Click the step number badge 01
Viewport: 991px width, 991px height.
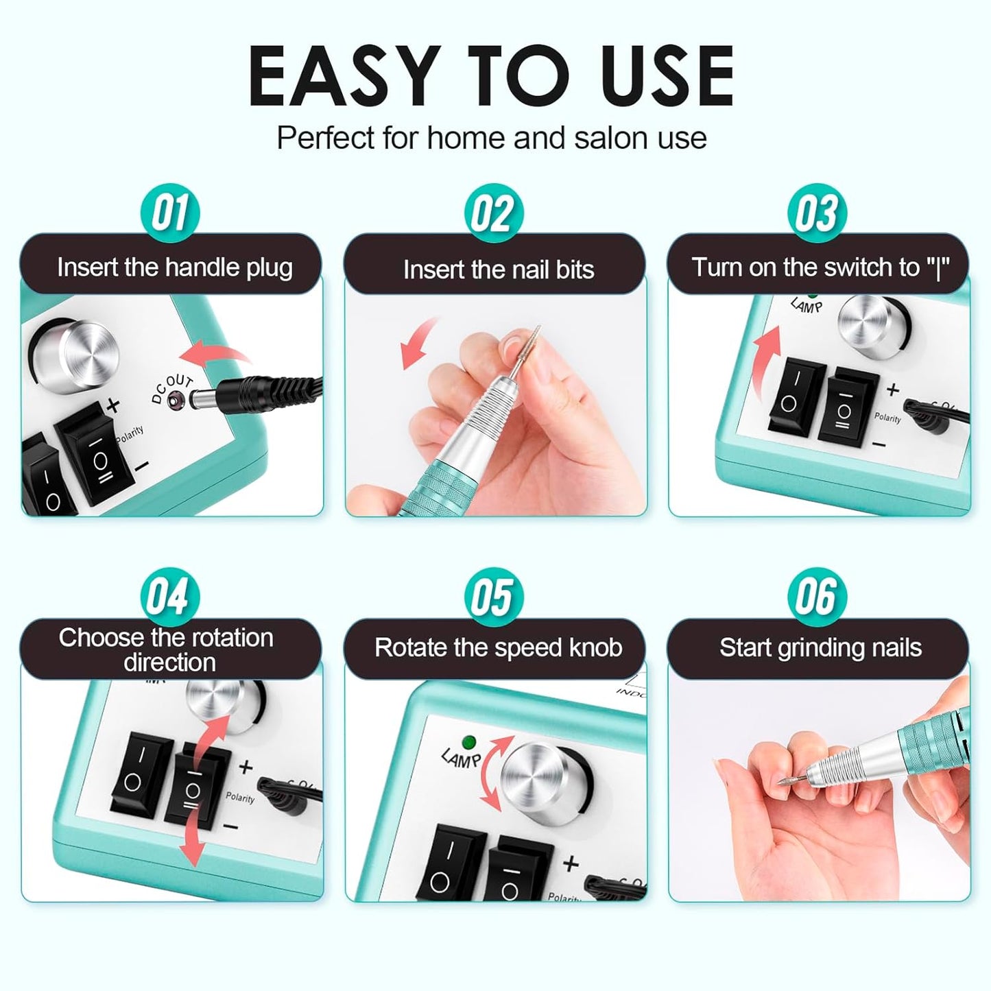tap(169, 213)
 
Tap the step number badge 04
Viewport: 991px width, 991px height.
tap(169, 596)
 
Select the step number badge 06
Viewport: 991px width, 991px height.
tap(817, 596)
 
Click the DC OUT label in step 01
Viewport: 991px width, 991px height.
tap(171, 389)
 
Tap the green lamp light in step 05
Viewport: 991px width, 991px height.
tap(470, 742)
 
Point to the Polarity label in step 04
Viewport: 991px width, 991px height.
tap(239, 798)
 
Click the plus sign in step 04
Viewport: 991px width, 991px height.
tap(245, 767)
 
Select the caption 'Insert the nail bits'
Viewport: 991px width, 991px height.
tap(498, 270)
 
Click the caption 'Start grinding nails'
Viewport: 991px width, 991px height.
tap(820, 648)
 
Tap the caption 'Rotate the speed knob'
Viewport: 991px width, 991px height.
tap(498, 648)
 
